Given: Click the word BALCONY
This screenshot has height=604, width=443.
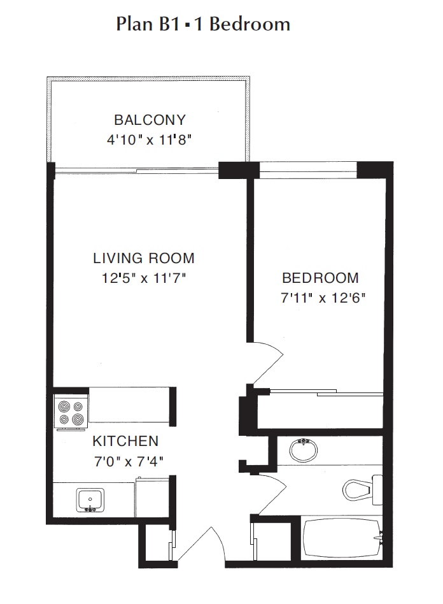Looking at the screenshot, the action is [150, 120].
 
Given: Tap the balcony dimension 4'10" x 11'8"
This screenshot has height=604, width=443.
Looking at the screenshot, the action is [150, 140].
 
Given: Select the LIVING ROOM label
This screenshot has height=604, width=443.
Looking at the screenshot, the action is [144, 258].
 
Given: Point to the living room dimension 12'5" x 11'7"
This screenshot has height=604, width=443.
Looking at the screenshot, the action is [144, 278].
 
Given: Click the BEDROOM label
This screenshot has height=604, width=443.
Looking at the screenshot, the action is [320, 278].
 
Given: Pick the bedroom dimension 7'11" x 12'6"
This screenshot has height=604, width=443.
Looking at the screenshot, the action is [323, 298].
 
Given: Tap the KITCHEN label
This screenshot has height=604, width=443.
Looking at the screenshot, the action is [125, 441].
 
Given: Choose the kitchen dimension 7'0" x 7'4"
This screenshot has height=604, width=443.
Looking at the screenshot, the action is [129, 461].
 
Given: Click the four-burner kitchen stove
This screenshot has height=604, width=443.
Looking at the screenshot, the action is [71, 413].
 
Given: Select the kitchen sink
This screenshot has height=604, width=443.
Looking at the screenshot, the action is [90, 500].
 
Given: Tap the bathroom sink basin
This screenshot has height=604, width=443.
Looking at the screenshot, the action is [304, 450].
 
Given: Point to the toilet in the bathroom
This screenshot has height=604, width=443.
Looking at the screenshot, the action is [362, 489].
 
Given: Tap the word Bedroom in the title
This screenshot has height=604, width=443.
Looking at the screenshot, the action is [250, 24].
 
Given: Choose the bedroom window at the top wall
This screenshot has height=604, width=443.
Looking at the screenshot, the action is [308, 170].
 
